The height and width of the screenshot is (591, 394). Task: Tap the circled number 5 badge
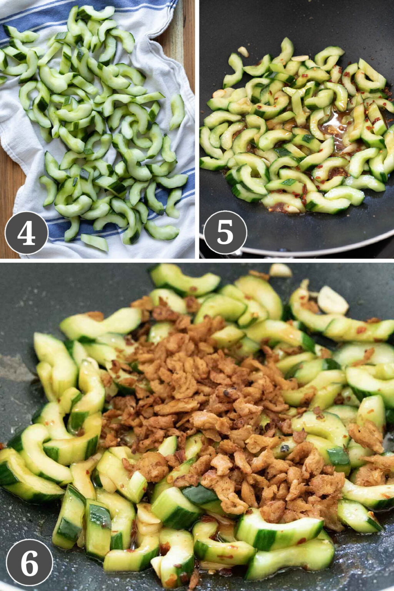point(225,232)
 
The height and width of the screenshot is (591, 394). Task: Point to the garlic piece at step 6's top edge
point(280,270)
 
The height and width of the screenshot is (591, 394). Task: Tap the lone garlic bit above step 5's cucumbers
point(243,51)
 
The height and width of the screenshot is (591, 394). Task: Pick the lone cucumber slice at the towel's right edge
point(177,112)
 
